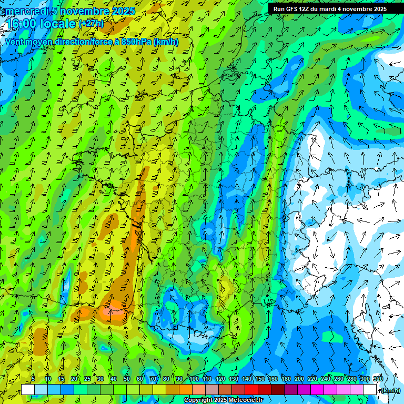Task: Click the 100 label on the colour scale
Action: tap(194, 379)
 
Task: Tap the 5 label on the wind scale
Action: tap(33, 379)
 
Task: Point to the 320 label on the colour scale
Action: tap(378, 379)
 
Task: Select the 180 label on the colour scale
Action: tap(286, 379)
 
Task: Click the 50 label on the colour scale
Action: tap(127, 379)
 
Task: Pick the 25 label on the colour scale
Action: tap(87, 379)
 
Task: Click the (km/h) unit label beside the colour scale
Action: tap(391, 390)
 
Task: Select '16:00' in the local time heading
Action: tap(23, 24)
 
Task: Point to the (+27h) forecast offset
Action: tap(91, 24)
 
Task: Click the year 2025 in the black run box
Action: tap(379, 9)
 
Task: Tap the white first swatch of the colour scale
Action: tap(28, 390)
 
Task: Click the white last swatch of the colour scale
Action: tap(370, 390)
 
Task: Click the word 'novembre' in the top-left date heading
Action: tap(85, 12)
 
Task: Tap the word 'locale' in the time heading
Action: tap(59, 24)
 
